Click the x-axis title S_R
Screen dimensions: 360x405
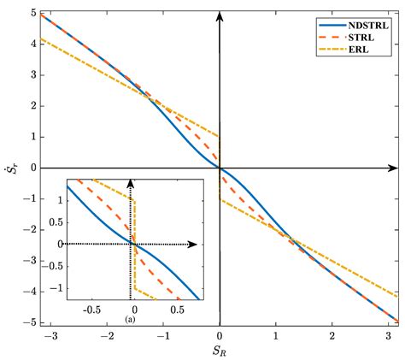(220, 348)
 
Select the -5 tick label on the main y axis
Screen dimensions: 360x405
(28, 322)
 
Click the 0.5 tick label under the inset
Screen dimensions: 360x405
(175, 310)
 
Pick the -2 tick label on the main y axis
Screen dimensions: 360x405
(28, 229)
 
